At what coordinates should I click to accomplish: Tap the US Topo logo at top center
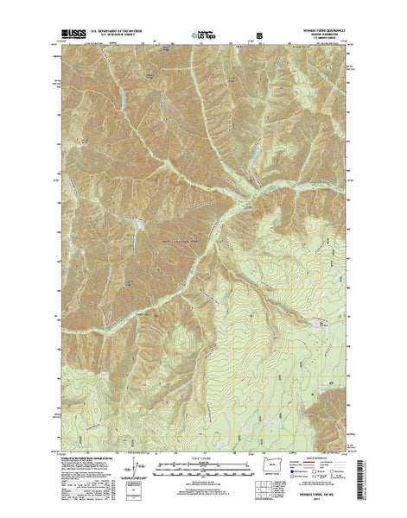205,36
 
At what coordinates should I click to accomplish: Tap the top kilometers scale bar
204,464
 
